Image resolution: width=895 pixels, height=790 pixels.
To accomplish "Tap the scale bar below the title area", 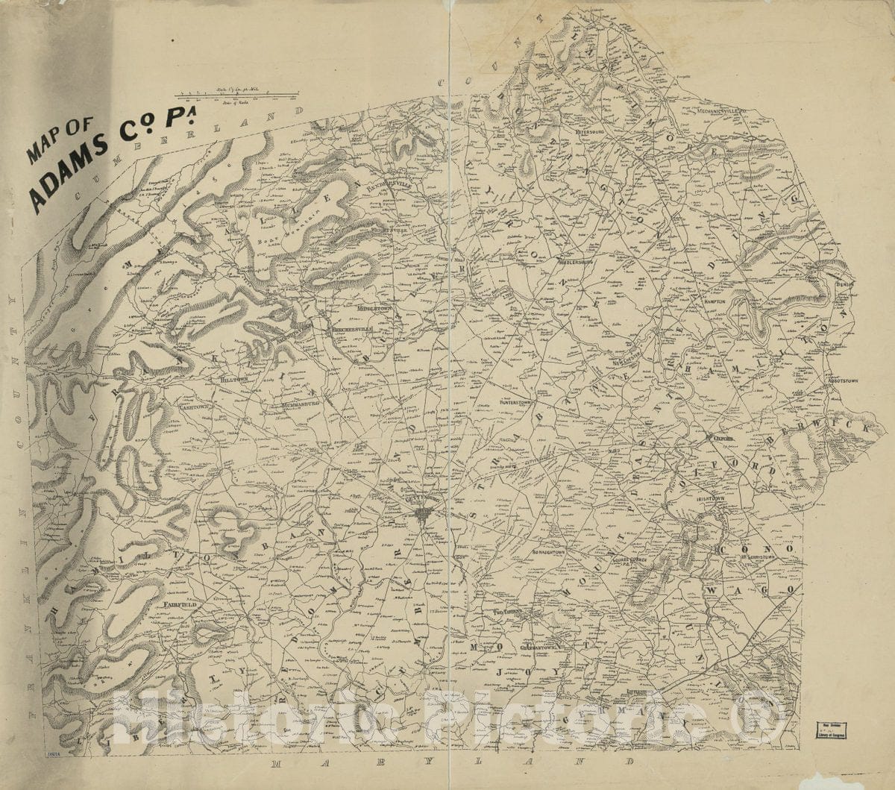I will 231,95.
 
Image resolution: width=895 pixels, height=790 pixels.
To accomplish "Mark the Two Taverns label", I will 509,612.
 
